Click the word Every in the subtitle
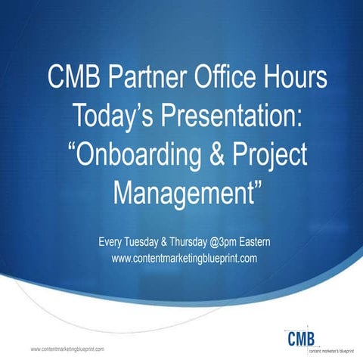click(112, 242)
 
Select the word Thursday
click(201, 242)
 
